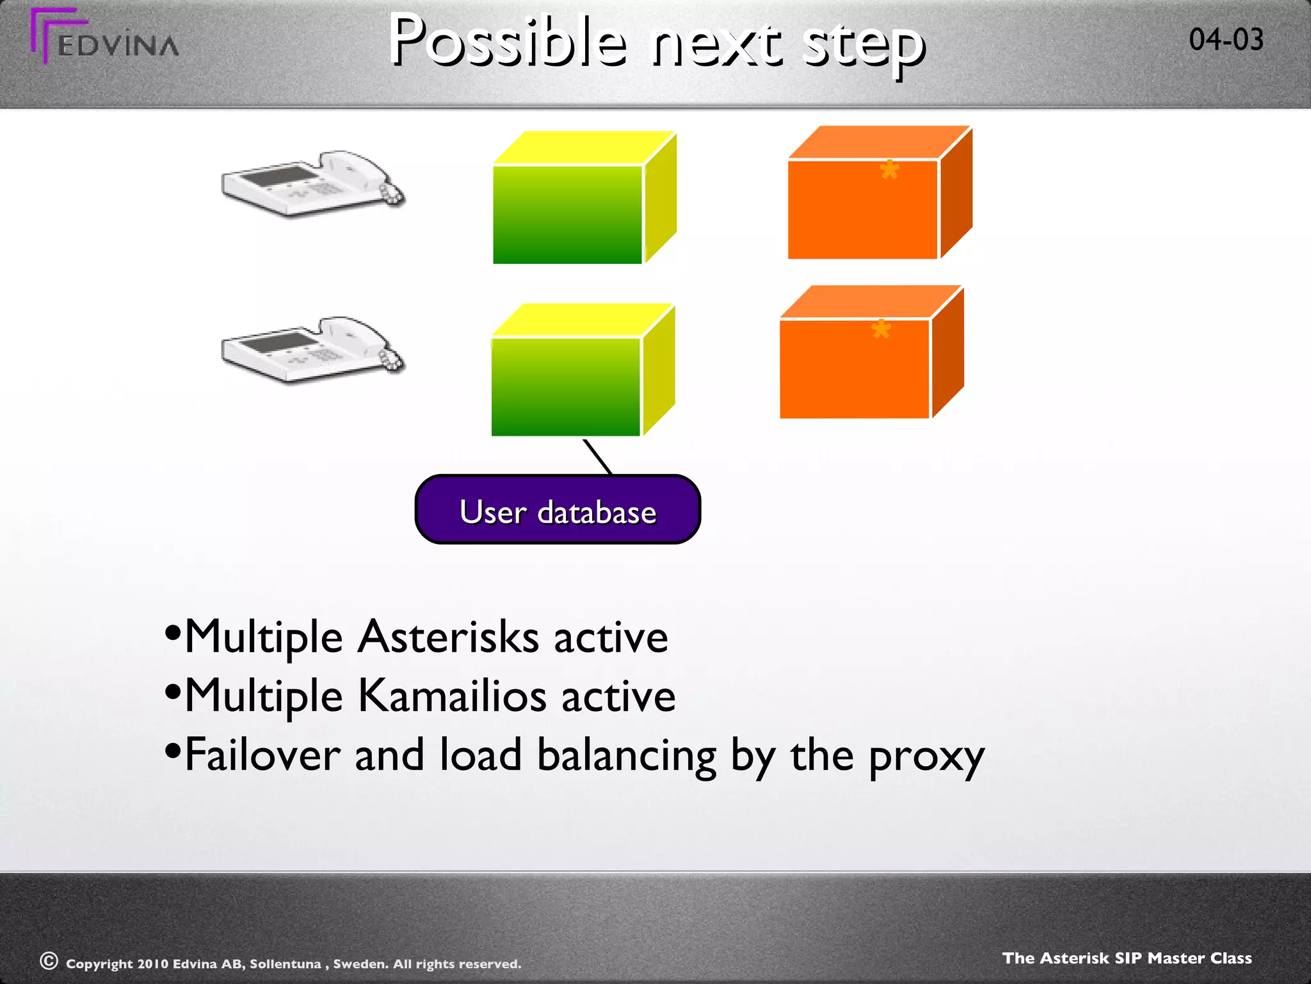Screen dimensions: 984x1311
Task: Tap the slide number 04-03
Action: (1226, 40)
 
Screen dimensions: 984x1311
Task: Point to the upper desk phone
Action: (312, 183)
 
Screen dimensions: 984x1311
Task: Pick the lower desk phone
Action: (312, 349)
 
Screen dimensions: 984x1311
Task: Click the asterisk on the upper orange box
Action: (889, 170)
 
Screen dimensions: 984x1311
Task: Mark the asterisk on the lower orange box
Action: (881, 330)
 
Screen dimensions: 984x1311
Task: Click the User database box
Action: (558, 511)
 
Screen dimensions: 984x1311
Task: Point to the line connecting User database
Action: (597, 456)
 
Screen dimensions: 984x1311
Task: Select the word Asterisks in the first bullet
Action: (448, 637)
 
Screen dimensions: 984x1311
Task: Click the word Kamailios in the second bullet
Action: (452, 696)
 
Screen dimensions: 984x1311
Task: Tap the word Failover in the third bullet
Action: (262, 755)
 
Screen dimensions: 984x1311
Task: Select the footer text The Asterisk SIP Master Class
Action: (1127, 958)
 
